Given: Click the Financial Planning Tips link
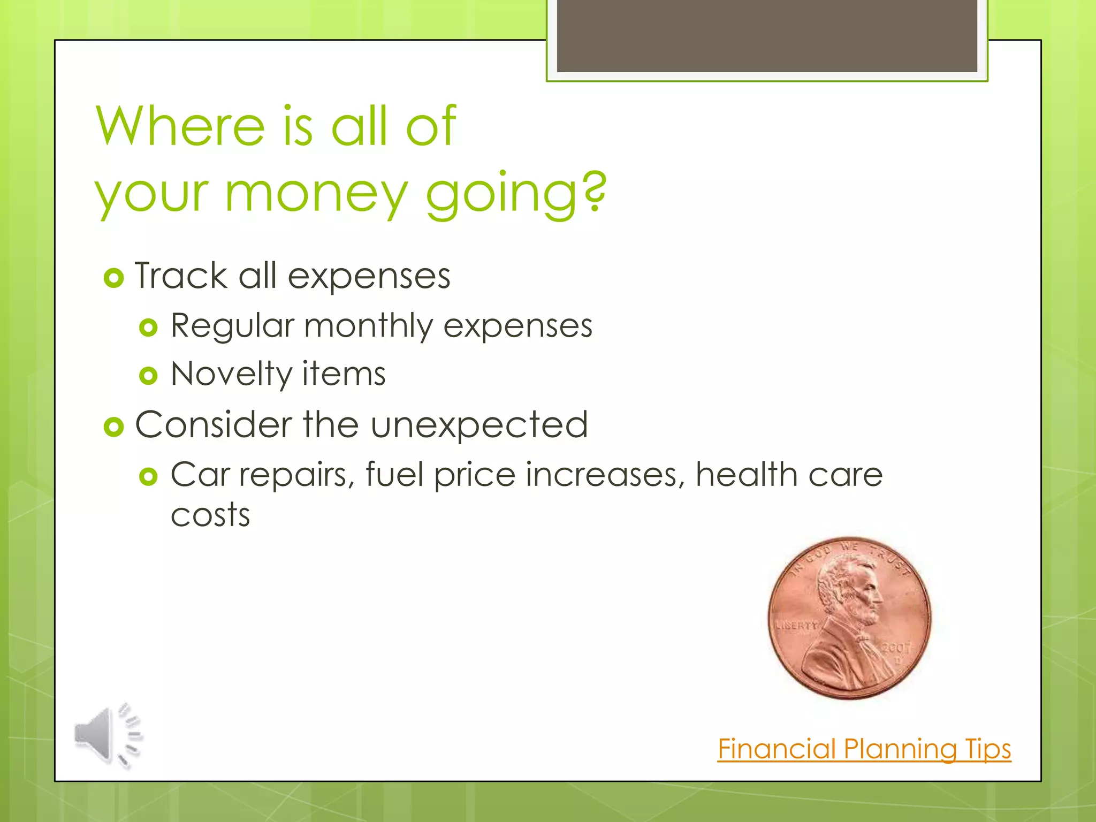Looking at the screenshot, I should tap(864, 749).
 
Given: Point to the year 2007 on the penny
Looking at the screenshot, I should tap(896, 648).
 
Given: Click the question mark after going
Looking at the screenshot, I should tap(595, 191).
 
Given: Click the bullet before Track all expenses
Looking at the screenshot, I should tap(113, 278).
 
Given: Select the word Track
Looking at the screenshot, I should tap(180, 276).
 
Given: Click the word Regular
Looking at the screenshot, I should tap(232, 326).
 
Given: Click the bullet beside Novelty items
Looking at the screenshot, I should tap(148, 376).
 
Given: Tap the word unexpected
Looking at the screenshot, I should tap(479, 425).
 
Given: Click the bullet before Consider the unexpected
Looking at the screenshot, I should tap(113, 427).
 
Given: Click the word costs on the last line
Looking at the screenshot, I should tap(210, 515).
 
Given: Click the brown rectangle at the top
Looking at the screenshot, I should tap(766, 35).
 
